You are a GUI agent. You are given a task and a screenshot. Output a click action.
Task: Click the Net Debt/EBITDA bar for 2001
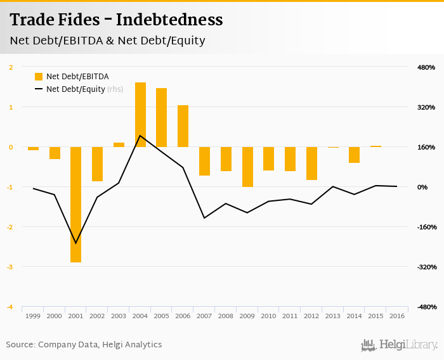[x=75, y=204]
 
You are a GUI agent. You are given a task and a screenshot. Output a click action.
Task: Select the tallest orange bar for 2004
[x=140, y=115]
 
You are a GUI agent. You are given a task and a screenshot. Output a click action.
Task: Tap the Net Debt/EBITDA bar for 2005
[x=161, y=117]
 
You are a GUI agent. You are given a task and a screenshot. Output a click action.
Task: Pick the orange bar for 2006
[x=183, y=126]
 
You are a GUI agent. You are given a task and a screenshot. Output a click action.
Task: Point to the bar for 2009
[x=247, y=167]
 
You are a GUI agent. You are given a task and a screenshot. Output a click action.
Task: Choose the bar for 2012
[x=311, y=164]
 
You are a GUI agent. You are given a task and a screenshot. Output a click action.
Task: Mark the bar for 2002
[x=97, y=164]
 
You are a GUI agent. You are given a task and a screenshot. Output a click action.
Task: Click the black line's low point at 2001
[x=75, y=243]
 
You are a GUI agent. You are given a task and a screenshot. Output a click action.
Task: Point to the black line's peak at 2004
[x=140, y=136]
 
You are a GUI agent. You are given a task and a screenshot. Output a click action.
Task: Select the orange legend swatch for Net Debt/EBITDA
[x=38, y=77]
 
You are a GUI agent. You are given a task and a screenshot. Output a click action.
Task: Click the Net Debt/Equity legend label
[x=75, y=89]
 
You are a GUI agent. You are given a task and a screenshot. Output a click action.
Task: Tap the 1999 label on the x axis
[x=32, y=316]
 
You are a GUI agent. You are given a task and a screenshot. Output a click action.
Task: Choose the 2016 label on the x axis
[x=397, y=316]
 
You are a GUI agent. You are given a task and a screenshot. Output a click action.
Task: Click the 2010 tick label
[x=268, y=316]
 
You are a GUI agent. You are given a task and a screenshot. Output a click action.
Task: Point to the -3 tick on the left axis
[x=10, y=267]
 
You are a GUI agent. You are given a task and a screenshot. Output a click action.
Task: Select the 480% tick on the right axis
[x=426, y=67]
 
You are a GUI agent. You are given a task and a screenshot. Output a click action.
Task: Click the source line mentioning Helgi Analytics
[x=84, y=345]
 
